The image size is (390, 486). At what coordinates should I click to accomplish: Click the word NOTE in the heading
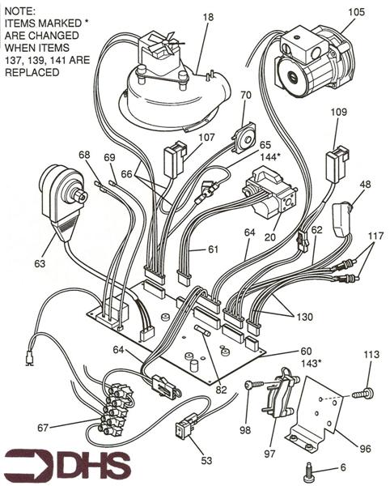tap(19, 11)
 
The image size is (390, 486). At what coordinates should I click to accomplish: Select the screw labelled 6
tap(310, 467)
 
